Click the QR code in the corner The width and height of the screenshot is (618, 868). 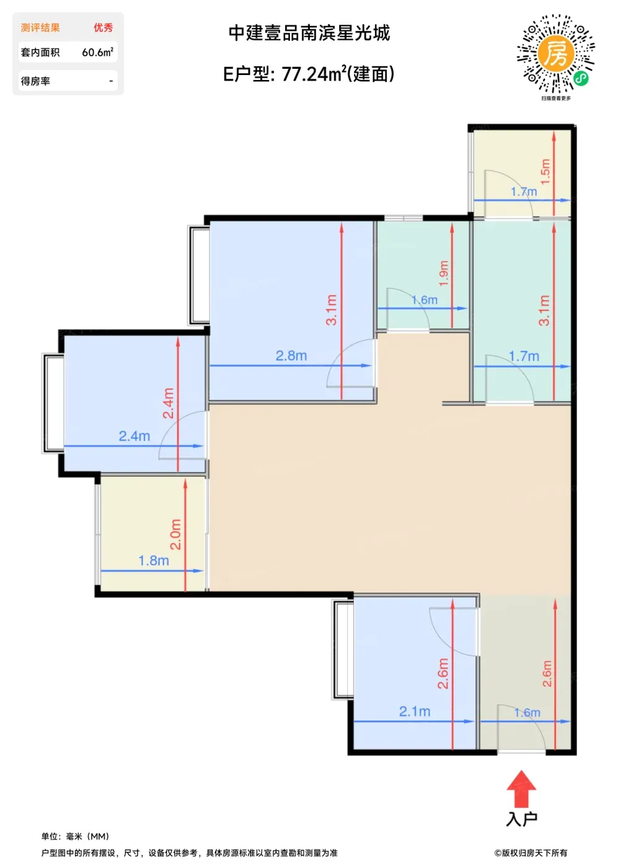click(x=555, y=53)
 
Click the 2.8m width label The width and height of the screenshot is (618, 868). click(x=291, y=355)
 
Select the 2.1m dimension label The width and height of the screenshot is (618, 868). click(x=415, y=711)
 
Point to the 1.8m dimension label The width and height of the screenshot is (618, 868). click(x=154, y=560)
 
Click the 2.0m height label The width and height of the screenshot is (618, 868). click(x=175, y=534)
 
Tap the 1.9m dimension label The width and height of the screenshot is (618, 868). click(x=444, y=273)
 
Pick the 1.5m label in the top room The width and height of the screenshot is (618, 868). click(x=545, y=172)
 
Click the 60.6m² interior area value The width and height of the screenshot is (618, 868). click(x=98, y=52)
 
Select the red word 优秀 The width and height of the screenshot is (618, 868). click(x=103, y=27)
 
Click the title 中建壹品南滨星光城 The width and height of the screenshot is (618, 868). click(x=309, y=33)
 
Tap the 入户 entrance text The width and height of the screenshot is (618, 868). click(x=521, y=819)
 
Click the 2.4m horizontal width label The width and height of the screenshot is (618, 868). click(x=134, y=436)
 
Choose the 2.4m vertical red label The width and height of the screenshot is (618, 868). click(x=168, y=403)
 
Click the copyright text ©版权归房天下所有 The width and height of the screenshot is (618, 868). click(x=531, y=852)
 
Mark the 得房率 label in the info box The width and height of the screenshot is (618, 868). click(x=35, y=81)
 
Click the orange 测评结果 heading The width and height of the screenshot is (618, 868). click(x=40, y=27)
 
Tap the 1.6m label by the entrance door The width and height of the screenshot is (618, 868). click(x=527, y=712)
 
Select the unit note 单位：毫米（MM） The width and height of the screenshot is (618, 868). click(x=75, y=836)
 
